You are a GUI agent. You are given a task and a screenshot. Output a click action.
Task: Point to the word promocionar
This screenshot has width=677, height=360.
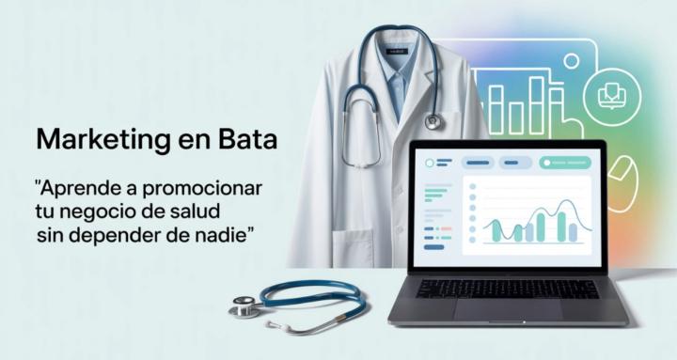click(202, 187)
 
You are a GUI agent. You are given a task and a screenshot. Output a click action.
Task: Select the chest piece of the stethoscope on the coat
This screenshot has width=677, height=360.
click(433, 120)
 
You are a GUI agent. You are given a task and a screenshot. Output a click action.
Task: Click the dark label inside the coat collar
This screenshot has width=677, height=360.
click(397, 50)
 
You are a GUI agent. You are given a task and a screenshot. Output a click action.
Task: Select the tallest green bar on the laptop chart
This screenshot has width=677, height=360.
click(561, 226)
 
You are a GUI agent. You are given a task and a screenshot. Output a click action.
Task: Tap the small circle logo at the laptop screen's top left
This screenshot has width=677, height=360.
click(430, 163)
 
